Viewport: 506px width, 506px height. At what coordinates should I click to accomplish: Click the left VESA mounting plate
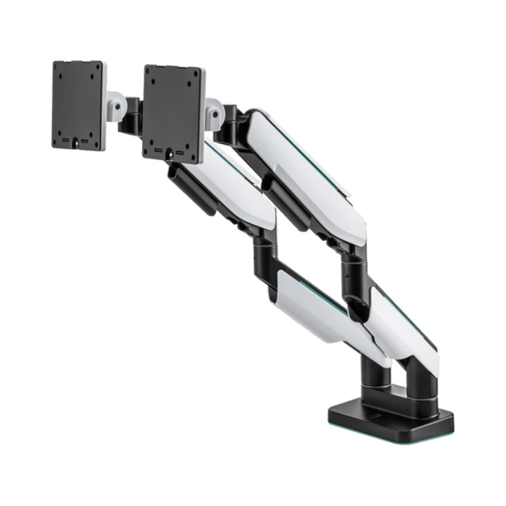78,104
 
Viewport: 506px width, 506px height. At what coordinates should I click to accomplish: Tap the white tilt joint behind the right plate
213,111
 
